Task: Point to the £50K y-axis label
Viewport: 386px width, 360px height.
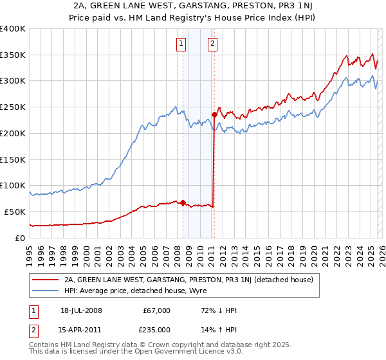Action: [14, 212]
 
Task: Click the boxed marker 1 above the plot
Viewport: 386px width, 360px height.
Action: [181, 44]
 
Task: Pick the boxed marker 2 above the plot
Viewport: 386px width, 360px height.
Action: [212, 44]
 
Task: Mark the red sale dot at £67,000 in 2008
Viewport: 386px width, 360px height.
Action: [183, 203]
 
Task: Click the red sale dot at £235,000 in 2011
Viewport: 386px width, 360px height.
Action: [214, 115]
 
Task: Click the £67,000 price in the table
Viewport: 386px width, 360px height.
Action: [157, 310]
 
